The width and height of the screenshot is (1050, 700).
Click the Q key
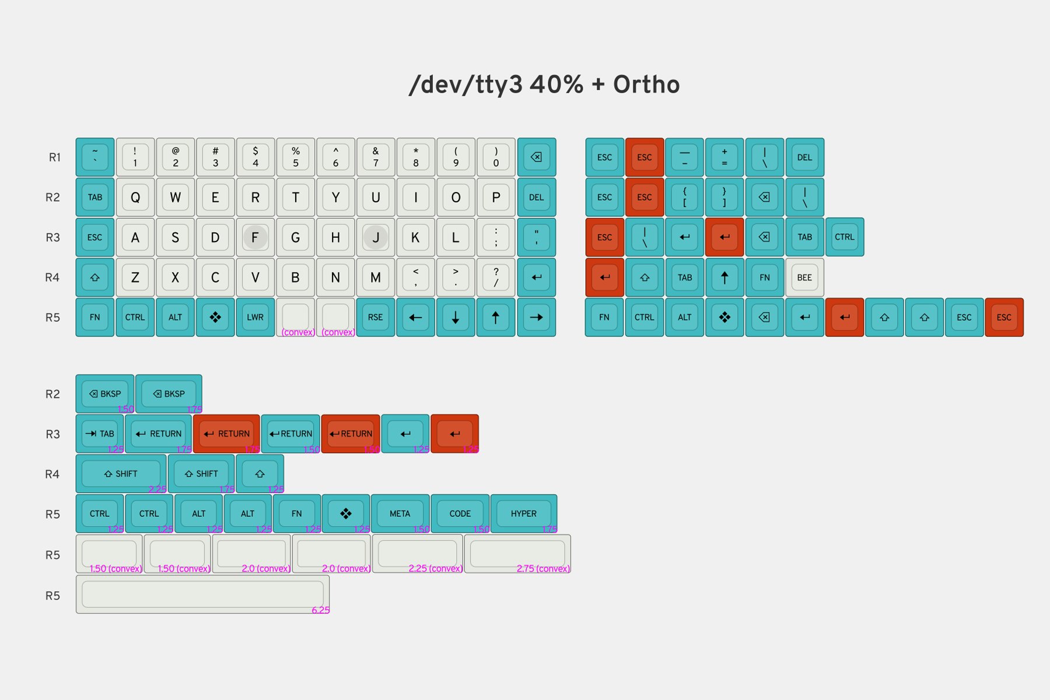coord(135,197)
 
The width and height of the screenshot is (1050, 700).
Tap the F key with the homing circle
coord(255,237)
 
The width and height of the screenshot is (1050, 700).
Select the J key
coord(376,237)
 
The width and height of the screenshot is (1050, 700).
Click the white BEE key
coord(804,278)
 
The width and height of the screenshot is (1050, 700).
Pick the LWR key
coord(255,317)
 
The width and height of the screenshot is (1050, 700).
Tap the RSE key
coord(376,317)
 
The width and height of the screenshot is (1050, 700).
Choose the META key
coord(400,513)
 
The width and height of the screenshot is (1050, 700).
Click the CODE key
coord(460,513)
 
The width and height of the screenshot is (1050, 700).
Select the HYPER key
coord(523,513)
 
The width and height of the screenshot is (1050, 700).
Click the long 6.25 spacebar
coord(202,594)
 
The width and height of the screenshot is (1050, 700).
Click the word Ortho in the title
coord(646,85)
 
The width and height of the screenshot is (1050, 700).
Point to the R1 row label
coord(55,157)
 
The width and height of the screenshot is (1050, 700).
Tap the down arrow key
coord(456,317)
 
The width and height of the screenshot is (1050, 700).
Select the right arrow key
coord(536,317)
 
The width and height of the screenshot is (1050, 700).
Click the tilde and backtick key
coord(95,157)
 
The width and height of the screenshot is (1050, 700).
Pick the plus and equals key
coord(724,157)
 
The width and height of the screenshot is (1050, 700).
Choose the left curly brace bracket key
coord(685,197)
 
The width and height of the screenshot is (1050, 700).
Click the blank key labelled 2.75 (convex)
coord(517,554)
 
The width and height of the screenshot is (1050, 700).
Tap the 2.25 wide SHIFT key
coord(121,474)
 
